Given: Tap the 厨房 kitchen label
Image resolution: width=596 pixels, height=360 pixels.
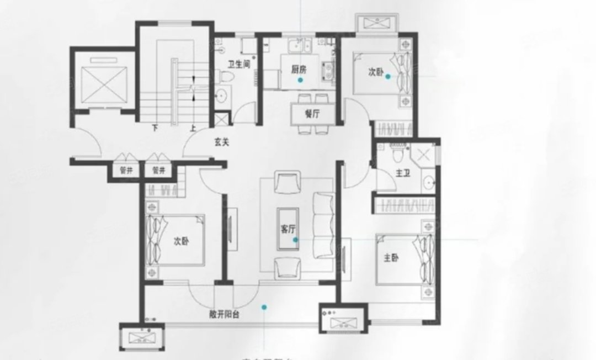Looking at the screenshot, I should click(299, 70).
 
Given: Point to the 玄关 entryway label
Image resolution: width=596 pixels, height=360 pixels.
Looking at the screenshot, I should click(222, 141).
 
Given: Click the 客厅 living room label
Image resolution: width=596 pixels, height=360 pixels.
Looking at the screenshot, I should click(289, 230).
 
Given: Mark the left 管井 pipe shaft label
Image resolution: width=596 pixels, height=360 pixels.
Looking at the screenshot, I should click(126, 171).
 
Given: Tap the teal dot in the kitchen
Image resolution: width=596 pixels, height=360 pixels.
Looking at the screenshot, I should click(300, 80).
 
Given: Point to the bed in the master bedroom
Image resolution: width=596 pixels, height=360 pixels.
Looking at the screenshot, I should click(406, 258).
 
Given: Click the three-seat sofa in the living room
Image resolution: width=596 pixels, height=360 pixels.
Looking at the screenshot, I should click(324, 224).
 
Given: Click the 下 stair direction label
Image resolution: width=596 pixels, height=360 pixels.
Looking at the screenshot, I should click(155, 128).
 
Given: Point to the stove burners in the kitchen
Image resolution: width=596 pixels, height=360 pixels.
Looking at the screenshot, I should click(329, 68).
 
